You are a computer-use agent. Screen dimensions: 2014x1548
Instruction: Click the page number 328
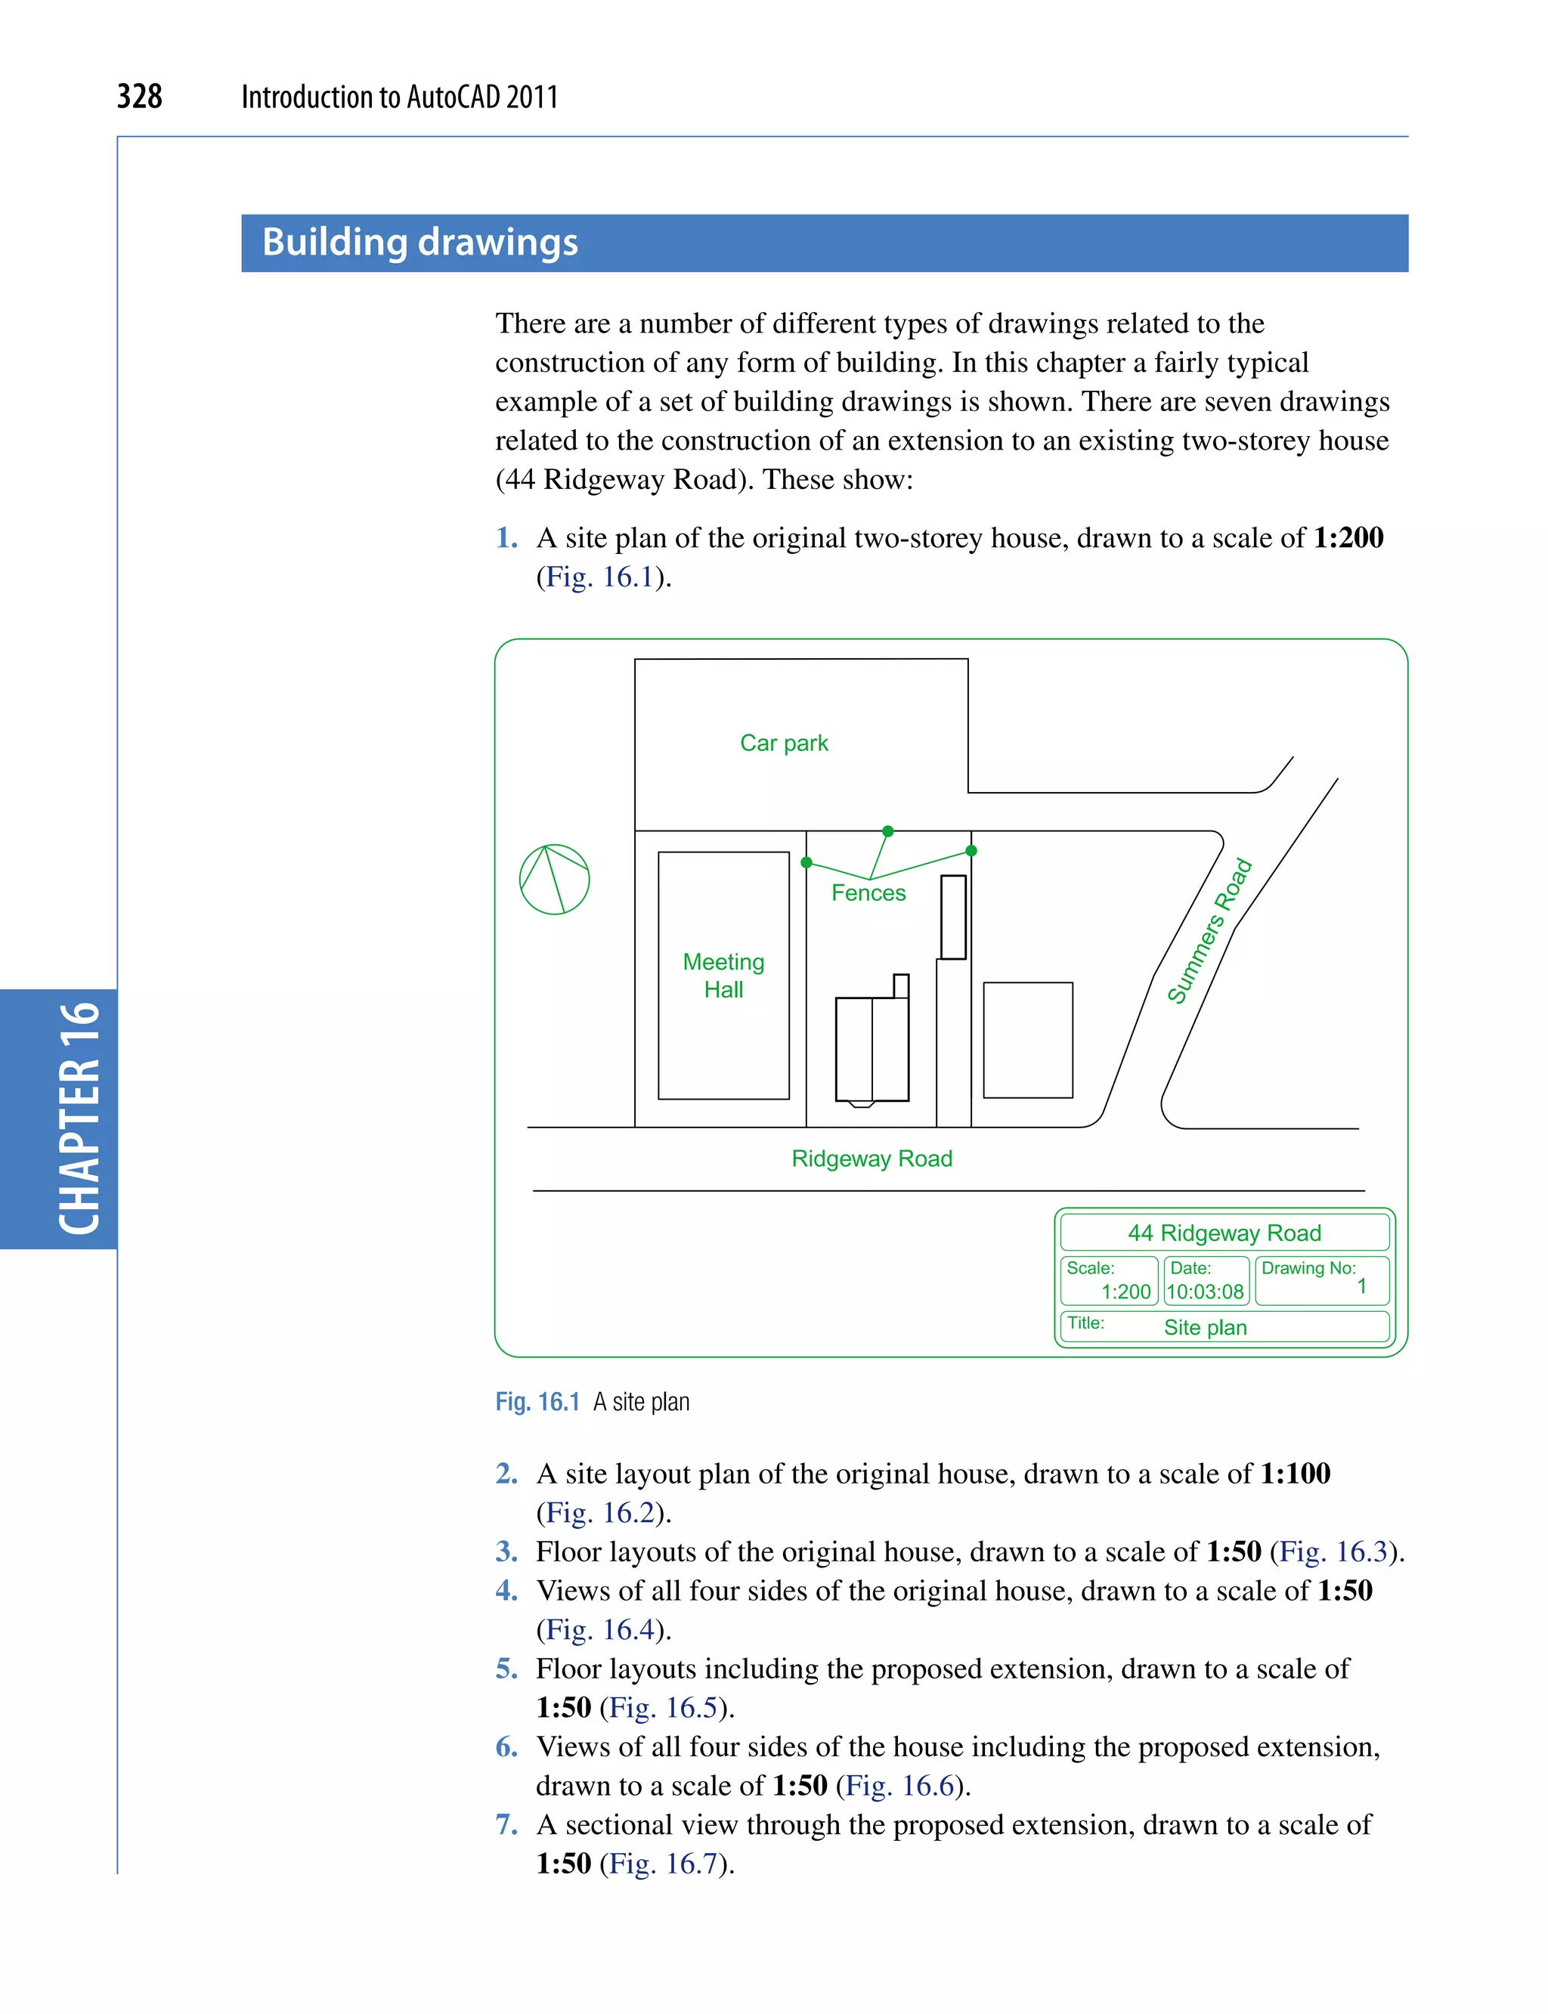[139, 96]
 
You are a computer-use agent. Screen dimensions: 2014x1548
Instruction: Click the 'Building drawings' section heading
[420, 243]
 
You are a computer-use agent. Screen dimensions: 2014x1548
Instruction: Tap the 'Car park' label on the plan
[783, 743]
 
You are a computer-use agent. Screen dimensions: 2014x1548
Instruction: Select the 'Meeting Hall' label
[723, 975]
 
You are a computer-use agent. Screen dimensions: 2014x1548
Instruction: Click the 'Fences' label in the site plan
[868, 893]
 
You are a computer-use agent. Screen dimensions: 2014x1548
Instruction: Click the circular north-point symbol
[555, 879]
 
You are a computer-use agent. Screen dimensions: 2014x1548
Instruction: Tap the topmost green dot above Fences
[887, 831]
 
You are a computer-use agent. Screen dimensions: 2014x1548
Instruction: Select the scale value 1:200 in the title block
[1126, 1292]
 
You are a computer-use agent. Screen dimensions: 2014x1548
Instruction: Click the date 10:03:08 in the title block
[1206, 1292]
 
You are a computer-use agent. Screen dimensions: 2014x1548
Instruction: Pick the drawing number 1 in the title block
[1361, 1286]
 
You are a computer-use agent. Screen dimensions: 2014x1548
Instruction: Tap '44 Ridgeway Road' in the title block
[1224, 1233]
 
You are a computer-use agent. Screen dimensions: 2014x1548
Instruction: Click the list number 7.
[506, 1824]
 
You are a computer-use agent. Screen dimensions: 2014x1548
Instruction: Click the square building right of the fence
[1027, 1039]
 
